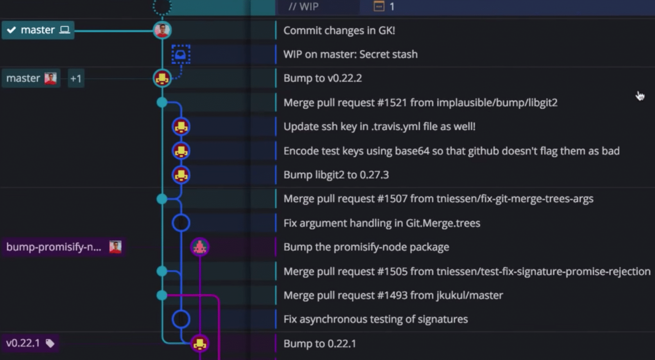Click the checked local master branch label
click(x=37, y=30)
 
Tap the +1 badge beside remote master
click(x=76, y=79)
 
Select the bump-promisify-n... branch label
click(x=54, y=247)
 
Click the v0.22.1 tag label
click(x=23, y=343)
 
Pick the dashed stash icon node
click(x=181, y=54)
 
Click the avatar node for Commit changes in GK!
click(x=162, y=30)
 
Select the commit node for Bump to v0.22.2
click(x=162, y=78)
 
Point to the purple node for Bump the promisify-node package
click(x=200, y=247)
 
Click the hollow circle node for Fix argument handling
click(x=181, y=223)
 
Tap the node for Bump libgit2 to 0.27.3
click(x=181, y=175)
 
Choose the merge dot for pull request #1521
click(x=162, y=102)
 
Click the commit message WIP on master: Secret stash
click(x=350, y=54)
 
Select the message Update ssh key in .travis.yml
click(x=379, y=127)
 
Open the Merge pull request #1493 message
click(x=393, y=295)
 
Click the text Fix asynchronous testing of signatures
click(x=375, y=319)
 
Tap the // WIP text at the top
click(x=303, y=7)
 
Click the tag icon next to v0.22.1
click(x=50, y=343)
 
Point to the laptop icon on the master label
click(x=65, y=30)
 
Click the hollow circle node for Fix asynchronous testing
click(x=181, y=319)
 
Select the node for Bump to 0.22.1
click(x=200, y=344)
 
